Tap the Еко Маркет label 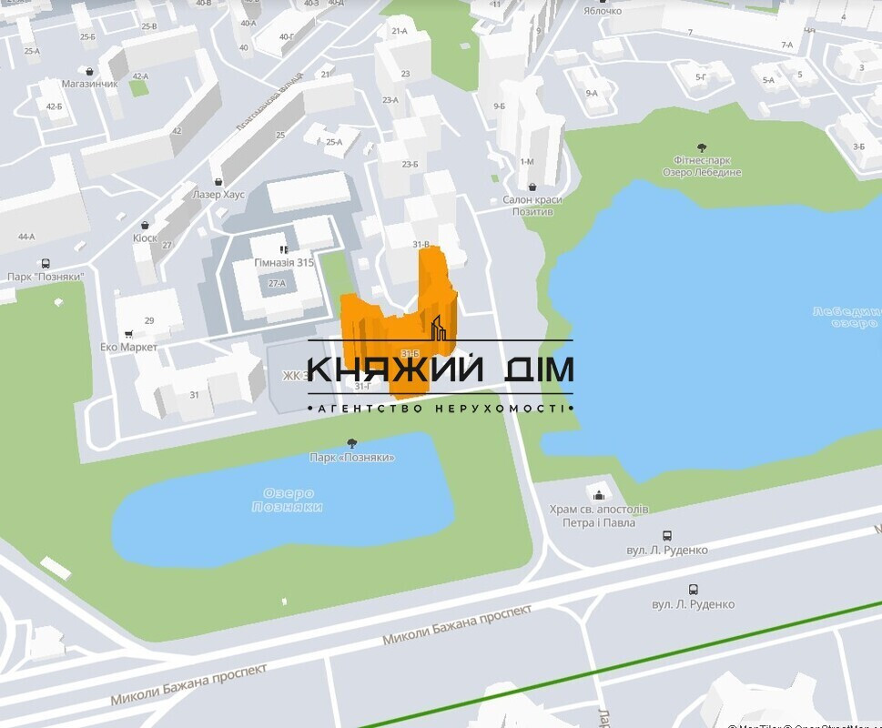click(128, 347)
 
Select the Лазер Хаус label click(218, 194)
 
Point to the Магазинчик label click(90, 84)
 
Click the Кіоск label click(145, 238)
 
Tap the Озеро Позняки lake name click(287, 500)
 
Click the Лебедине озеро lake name click(847, 317)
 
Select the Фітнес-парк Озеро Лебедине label click(701, 166)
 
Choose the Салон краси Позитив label click(532, 205)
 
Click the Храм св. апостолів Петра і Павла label click(599, 515)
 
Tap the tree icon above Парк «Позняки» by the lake click(352, 443)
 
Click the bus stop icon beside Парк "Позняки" click(45, 263)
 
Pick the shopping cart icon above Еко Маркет click(128, 333)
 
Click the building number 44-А click(26, 237)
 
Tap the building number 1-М click(527, 161)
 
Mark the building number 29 click(149, 320)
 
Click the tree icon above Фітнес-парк click(701, 147)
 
